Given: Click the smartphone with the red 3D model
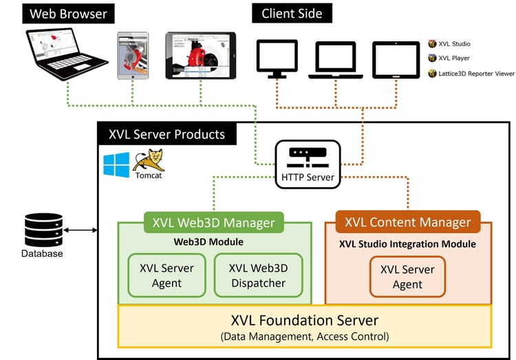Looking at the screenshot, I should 133,55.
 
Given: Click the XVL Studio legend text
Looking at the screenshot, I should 454,44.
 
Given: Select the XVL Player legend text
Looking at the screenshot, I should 454,59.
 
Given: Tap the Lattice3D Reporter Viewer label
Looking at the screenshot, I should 471,73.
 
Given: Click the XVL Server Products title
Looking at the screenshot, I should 166,134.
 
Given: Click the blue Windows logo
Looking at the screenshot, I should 116,166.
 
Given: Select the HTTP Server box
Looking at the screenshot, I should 308,164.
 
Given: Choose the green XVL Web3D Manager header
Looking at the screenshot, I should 213,222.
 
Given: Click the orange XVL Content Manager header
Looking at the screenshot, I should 407,222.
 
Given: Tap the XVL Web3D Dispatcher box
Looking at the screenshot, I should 257,275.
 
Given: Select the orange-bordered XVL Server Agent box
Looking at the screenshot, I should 407,276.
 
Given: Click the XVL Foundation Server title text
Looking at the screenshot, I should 305,320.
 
